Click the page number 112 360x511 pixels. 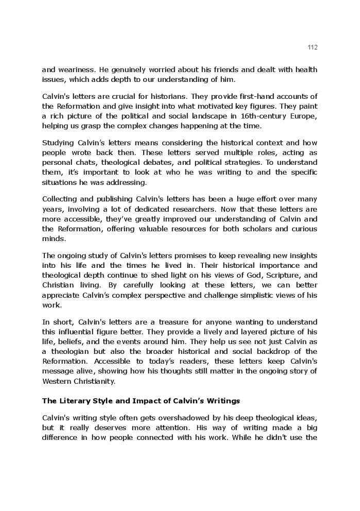tap(313, 47)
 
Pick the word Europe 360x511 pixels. tap(302, 116)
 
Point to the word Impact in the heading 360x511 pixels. tap(152, 401)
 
